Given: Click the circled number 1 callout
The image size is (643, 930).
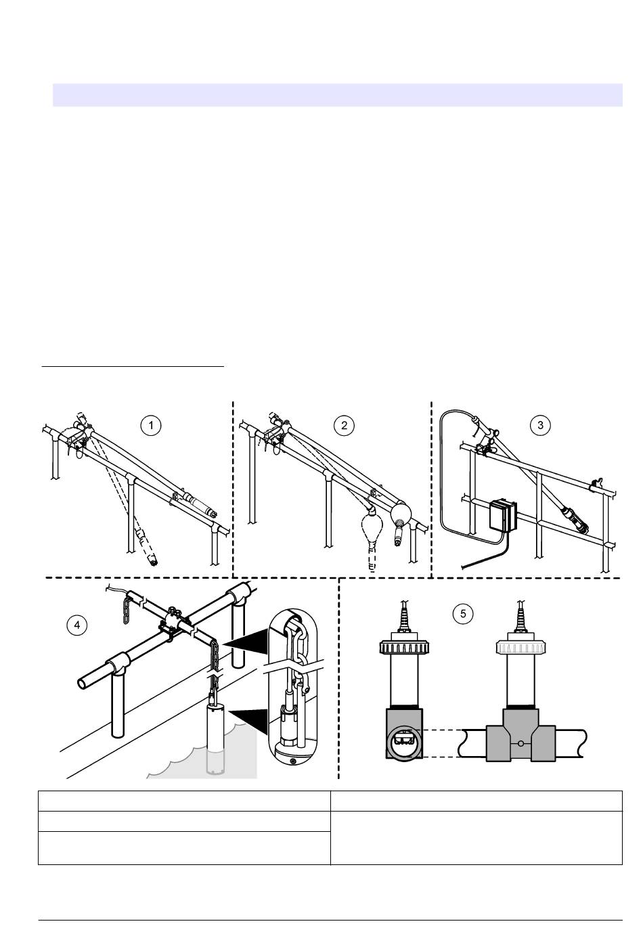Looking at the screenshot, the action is tap(151, 425).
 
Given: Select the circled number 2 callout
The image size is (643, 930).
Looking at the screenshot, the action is tap(345, 425).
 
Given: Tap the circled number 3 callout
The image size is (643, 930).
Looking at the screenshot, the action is tap(540, 425).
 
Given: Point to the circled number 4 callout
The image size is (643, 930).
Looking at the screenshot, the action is tap(76, 625).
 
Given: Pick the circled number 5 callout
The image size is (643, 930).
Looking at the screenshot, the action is tap(463, 613).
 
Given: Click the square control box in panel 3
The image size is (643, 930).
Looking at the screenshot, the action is tap(502, 518).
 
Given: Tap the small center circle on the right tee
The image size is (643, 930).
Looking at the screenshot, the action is tap(519, 743).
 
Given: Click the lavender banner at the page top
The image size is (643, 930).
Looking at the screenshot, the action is tap(337, 95).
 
